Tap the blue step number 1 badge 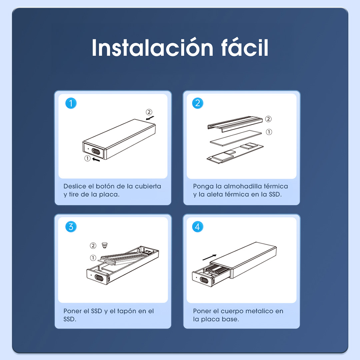click(x=71, y=103)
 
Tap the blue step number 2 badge click(x=198, y=103)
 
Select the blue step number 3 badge click(x=71, y=227)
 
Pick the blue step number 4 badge click(x=198, y=227)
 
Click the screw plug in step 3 click(x=105, y=245)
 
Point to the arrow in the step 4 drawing click(x=209, y=257)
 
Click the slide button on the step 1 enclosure click(x=96, y=152)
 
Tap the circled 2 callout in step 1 click(x=149, y=112)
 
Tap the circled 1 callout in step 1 click(x=87, y=158)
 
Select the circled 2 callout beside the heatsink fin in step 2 click(x=268, y=119)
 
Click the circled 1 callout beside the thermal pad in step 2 click(x=269, y=132)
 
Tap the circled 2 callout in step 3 click(x=93, y=246)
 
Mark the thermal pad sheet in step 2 click(x=236, y=138)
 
